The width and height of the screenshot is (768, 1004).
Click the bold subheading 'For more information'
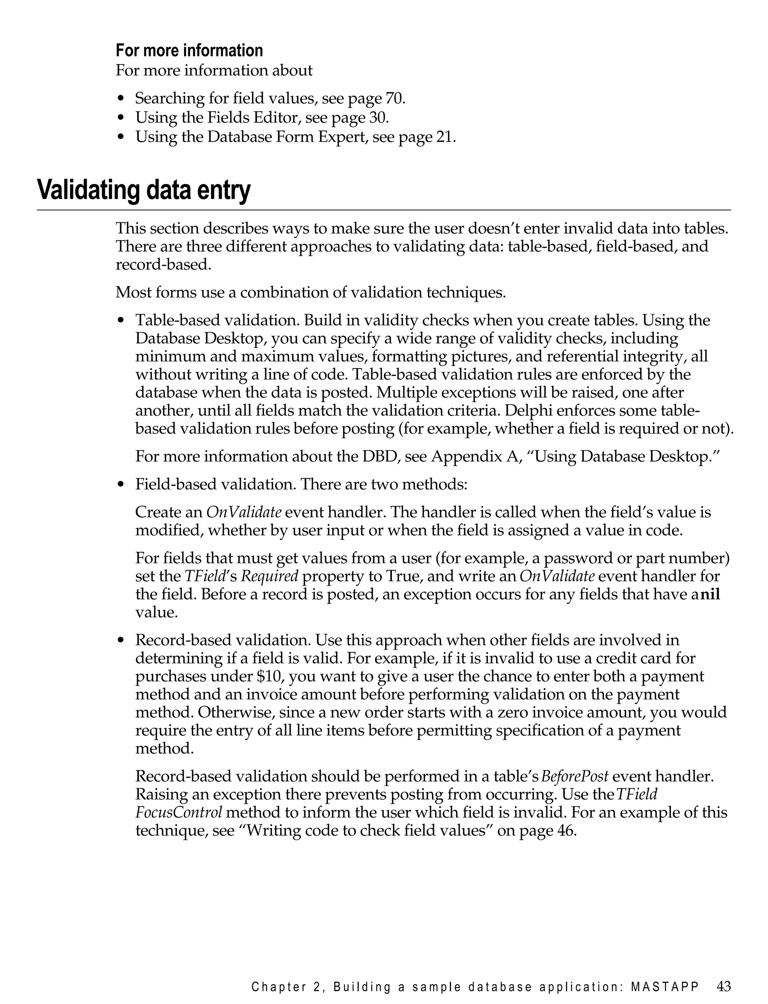coord(189,50)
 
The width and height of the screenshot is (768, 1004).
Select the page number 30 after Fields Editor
coord(378,117)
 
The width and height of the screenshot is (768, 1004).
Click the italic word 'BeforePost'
coord(576,776)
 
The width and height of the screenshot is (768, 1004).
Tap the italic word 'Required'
coord(270,576)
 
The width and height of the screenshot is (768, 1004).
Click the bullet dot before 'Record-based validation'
coord(121,641)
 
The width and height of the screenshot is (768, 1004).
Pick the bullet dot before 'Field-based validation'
coord(121,485)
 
